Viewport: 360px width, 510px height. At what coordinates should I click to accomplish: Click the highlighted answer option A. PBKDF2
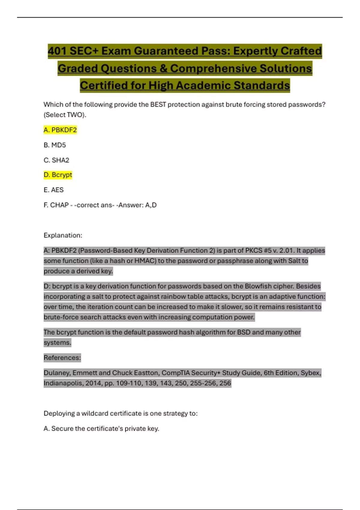(60, 130)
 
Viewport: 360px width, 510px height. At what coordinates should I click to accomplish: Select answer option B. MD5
(55, 145)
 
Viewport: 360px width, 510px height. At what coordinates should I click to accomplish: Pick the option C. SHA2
(56, 160)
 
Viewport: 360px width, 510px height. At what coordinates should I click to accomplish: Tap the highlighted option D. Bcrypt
(58, 175)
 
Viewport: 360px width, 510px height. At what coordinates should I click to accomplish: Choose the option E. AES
(54, 190)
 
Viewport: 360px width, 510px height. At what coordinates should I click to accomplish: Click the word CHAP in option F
(59, 205)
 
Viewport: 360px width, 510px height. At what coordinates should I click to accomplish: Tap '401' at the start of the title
(57, 51)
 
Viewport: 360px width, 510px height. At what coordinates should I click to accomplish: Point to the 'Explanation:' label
(63, 235)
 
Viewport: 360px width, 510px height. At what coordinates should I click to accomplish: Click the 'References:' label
(62, 358)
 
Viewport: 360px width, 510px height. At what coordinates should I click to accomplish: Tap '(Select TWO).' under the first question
(65, 115)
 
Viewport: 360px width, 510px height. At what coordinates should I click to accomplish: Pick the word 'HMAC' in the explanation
(145, 261)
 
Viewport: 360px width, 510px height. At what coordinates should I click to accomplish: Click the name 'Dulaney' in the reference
(57, 373)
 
